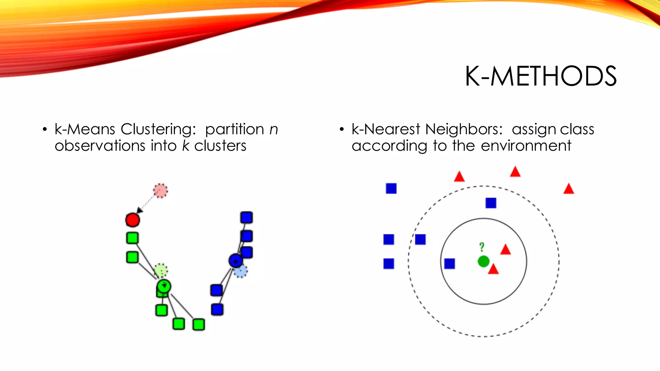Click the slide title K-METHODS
tap(541, 76)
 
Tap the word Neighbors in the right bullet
tap(464, 129)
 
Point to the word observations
tap(100, 146)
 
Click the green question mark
tap(481, 247)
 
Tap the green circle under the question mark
tap(483, 261)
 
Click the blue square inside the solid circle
tap(450, 264)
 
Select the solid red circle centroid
tap(132, 220)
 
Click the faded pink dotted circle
tap(160, 191)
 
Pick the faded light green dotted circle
tap(161, 270)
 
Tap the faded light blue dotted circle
tap(240, 271)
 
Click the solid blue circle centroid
tap(236, 261)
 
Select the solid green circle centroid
tap(164, 286)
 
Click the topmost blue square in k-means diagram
tap(247, 217)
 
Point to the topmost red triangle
tap(515, 172)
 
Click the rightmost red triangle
tap(569, 189)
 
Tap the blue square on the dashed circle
tap(420, 239)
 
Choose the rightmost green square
tap(199, 324)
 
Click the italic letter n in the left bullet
tap(274, 129)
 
